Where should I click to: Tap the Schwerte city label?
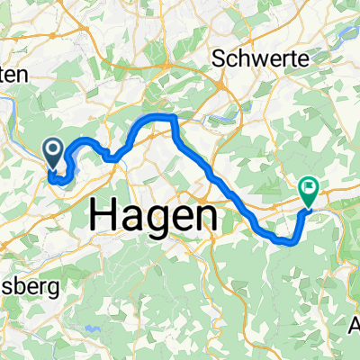[262, 59]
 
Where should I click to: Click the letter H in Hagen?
[104, 216]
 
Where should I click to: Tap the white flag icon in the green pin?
[309, 188]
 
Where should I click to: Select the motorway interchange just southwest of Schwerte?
[220, 89]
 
